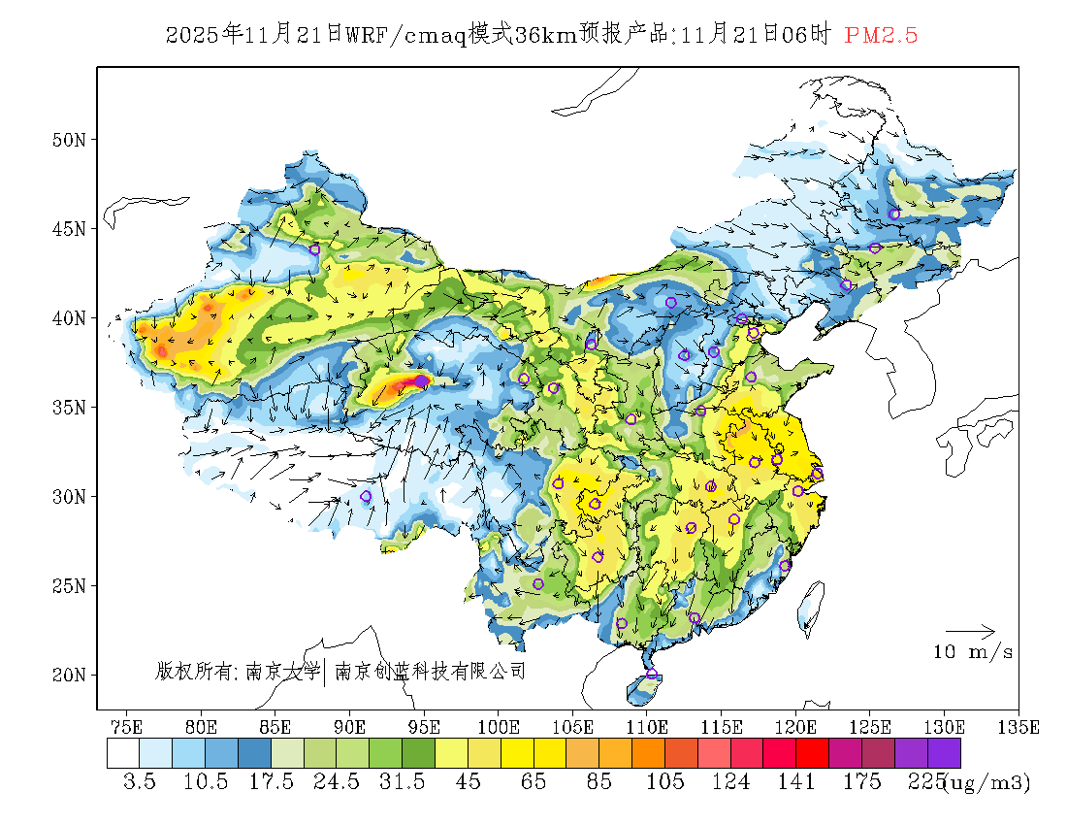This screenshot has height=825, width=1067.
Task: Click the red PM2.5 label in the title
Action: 881,36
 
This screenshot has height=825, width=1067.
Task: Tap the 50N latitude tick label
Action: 69,140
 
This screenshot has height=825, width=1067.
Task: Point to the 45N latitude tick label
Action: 69,229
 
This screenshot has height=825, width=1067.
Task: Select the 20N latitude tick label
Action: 69,675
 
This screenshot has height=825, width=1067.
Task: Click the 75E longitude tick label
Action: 126,726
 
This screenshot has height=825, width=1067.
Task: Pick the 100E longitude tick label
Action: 498,726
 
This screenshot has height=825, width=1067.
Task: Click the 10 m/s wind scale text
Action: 973,652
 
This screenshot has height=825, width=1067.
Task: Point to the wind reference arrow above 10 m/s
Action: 970,631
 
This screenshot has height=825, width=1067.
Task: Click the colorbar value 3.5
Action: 140,782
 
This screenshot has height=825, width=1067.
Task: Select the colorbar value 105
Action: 665,782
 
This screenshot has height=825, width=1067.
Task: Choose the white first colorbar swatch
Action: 123,753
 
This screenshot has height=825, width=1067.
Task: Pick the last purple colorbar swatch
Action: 944,753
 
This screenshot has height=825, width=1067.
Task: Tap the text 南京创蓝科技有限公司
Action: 430,671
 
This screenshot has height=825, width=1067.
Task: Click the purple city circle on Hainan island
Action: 652,675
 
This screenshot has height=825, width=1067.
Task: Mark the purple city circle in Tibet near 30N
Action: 366,497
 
